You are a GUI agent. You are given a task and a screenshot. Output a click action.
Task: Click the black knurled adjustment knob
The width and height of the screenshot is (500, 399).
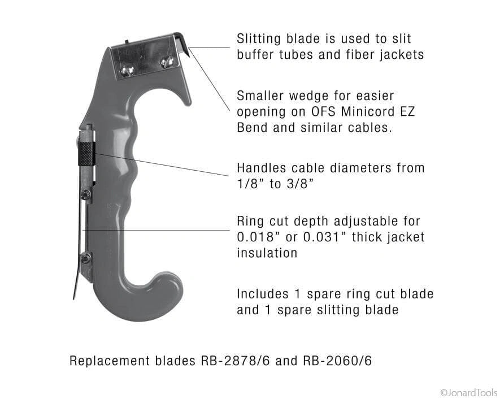click(x=87, y=154)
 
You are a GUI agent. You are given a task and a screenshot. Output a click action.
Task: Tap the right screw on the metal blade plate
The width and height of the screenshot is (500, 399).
click(x=167, y=61)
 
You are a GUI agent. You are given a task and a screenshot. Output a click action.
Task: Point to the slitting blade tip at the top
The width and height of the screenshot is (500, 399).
click(x=188, y=54)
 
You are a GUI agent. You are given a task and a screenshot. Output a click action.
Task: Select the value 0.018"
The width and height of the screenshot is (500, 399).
click(x=257, y=237)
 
